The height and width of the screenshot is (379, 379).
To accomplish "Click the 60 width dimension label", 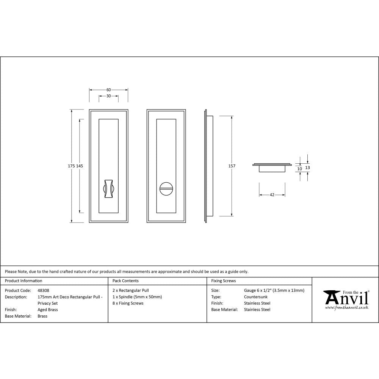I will tap(108, 90).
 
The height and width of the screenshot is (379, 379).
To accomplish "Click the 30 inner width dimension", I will tap(108, 96).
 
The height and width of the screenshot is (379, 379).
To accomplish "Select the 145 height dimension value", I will tap(79, 166).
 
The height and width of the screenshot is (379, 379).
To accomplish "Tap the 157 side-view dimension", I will tap(232, 166).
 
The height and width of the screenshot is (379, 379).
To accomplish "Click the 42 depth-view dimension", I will tap(272, 195).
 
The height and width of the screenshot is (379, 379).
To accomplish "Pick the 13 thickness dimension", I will tap(307, 167).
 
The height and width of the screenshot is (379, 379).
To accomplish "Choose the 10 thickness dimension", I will tap(299, 169).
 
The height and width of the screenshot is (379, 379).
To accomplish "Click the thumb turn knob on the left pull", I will tap(108, 187).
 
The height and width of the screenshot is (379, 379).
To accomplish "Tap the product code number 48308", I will tap(44, 291).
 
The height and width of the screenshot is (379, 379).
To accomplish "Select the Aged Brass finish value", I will tap(48, 310).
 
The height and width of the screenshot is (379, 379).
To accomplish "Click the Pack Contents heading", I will tap(125, 281).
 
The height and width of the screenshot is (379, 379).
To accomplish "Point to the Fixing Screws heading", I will tap(223, 281).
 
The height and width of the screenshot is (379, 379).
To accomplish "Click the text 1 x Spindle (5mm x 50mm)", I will tap(137, 297).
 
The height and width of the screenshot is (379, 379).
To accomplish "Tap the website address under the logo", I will tap(346, 308).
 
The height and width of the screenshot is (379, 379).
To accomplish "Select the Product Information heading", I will tap(23, 281).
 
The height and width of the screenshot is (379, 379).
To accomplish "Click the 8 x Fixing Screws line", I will tap(128, 303).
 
